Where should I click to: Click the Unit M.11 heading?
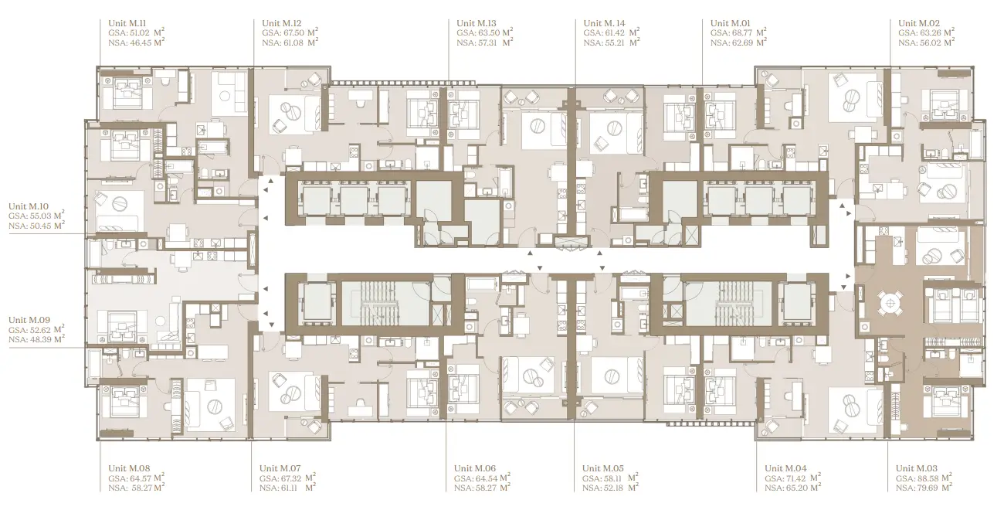[127, 23]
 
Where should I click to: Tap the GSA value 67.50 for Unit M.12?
[293, 33]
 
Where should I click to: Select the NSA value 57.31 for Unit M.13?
[487, 43]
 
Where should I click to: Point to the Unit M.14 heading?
[604, 23]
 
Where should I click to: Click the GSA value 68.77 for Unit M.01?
[742, 33]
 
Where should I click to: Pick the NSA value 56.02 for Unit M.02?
[931, 43]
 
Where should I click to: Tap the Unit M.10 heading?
[29, 207]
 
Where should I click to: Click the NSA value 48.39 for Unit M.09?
[40, 340]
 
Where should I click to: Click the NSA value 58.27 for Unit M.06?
[486, 488]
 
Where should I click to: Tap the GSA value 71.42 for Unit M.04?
[796, 478]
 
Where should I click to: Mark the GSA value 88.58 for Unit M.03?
[928, 478]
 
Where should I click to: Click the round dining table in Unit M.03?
[890, 304]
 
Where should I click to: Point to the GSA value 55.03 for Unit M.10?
[40, 216]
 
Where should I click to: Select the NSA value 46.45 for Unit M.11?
[141, 43]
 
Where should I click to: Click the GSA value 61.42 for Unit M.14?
[615, 33]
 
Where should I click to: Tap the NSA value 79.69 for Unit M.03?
[928, 488]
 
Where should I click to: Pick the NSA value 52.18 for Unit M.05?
[614, 488]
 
